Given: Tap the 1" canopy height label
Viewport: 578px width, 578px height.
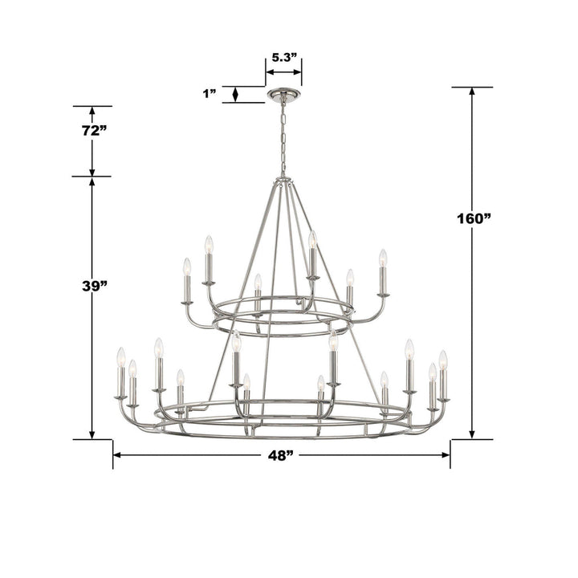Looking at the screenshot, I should [x=210, y=94].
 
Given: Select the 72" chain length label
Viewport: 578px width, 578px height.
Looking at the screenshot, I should [x=94, y=131].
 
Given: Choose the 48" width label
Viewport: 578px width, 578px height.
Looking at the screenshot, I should [x=280, y=455].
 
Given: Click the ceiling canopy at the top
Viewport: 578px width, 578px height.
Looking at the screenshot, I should [x=283, y=95].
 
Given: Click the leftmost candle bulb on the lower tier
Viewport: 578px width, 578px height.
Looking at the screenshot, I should [x=121, y=356].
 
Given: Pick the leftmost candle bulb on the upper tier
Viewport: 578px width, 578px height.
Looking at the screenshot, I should [x=187, y=267].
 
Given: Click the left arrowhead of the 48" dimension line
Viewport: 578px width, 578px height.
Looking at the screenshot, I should [x=117, y=455].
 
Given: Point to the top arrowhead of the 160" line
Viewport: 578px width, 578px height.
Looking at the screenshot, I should [x=471, y=92].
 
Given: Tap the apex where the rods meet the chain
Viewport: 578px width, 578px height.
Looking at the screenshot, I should [x=282, y=179].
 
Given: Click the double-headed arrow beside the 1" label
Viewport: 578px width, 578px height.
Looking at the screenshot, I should [x=235, y=94].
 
